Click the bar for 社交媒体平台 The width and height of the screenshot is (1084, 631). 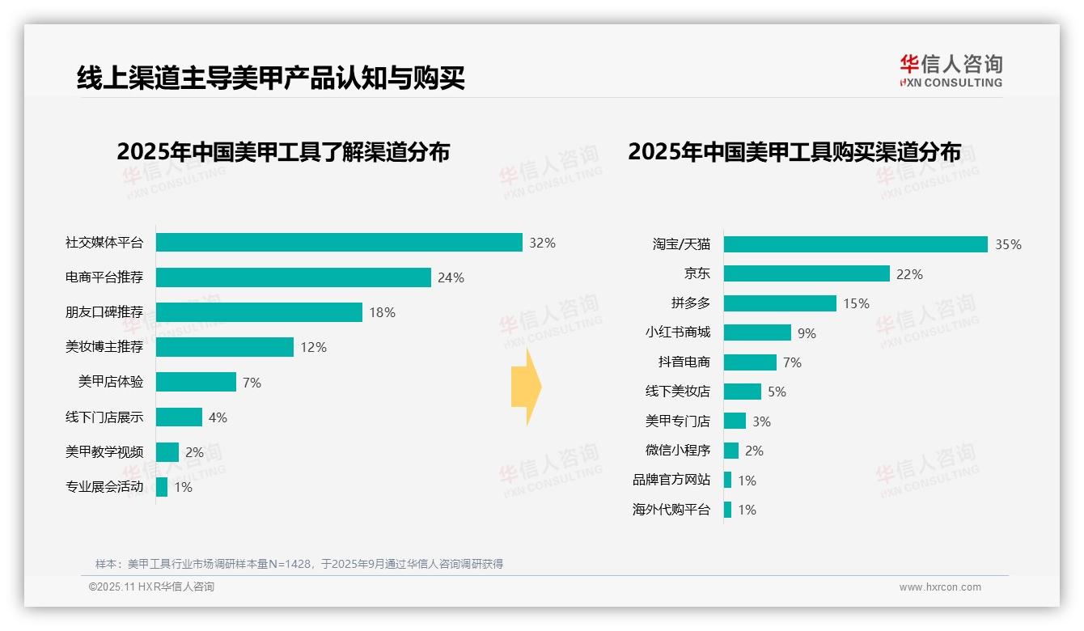pyautogui.click(x=339, y=243)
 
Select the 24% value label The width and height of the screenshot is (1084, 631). pyautogui.click(x=451, y=277)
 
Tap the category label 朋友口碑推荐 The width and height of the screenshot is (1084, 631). pyautogui.click(x=104, y=312)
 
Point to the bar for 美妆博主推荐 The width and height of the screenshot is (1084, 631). pyautogui.click(x=225, y=347)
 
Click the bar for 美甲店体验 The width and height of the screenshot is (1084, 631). pyautogui.click(x=196, y=382)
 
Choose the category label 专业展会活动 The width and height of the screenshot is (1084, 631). pyautogui.click(x=104, y=487)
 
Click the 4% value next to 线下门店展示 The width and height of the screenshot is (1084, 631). pyautogui.click(x=218, y=417)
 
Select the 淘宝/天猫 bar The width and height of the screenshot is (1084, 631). pyautogui.click(x=856, y=244)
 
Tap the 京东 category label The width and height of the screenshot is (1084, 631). pyautogui.click(x=697, y=274)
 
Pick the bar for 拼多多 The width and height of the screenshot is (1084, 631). pyautogui.click(x=780, y=303)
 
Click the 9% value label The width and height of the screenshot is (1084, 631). pyautogui.click(x=807, y=333)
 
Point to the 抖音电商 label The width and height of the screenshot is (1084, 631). pyautogui.click(x=684, y=362)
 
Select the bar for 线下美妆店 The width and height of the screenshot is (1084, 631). pyautogui.click(x=743, y=392)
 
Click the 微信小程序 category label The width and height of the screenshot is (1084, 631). pyautogui.click(x=678, y=451)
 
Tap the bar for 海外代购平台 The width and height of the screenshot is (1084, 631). pyautogui.click(x=728, y=510)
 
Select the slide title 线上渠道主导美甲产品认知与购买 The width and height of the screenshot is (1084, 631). pyautogui.click(x=271, y=78)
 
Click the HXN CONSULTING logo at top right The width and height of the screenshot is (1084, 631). pyautogui.click(x=951, y=71)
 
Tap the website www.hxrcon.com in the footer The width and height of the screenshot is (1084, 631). pyautogui.click(x=940, y=587)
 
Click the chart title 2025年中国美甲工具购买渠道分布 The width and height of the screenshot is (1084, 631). pyautogui.click(x=794, y=151)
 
